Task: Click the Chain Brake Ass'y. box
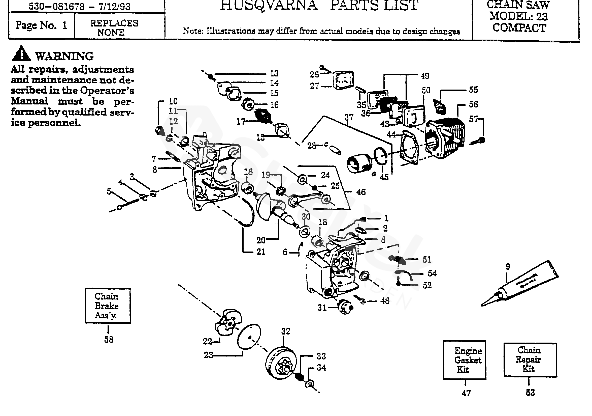(108, 306)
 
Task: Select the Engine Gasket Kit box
(465, 360)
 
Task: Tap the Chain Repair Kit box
(530, 359)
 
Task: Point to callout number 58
(109, 340)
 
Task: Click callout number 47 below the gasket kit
(466, 393)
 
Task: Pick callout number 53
(530, 393)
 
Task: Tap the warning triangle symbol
(22, 53)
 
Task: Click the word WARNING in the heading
(64, 56)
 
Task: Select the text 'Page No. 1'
(41, 25)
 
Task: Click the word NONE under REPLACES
(111, 33)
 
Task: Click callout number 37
(349, 118)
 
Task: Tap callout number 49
(425, 76)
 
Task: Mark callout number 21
(261, 252)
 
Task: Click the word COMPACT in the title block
(519, 28)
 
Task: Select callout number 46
(361, 192)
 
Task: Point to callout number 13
(274, 74)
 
